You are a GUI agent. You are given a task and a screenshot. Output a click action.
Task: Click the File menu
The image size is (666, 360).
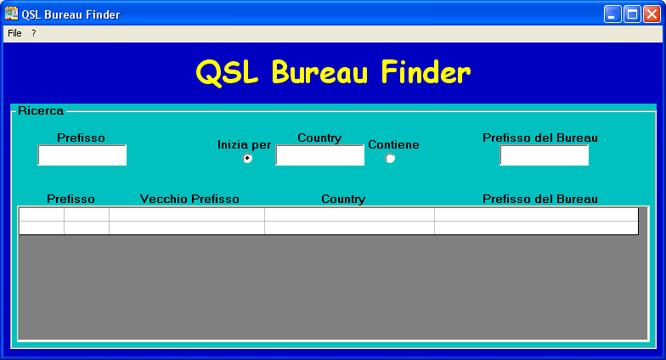(14, 33)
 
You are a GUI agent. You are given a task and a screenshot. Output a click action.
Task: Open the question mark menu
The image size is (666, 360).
(34, 33)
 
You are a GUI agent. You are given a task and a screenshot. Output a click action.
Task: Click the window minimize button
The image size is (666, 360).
(612, 14)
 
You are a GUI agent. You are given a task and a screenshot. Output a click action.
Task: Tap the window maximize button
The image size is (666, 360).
(632, 14)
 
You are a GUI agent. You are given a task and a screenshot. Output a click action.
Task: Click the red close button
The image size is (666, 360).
(652, 14)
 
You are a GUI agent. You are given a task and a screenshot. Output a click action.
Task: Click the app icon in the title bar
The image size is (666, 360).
(12, 14)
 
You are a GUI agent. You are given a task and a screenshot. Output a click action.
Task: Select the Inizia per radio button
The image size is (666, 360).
(247, 158)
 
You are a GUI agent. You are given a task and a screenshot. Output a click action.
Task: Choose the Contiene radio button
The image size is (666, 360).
(390, 158)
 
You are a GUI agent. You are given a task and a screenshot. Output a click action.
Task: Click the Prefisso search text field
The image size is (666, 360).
(82, 155)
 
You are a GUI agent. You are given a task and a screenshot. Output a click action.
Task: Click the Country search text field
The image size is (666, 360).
(319, 155)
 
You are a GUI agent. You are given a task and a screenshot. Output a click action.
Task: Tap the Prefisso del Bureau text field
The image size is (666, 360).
(544, 155)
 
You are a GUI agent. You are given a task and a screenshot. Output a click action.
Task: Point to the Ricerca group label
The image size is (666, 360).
(41, 110)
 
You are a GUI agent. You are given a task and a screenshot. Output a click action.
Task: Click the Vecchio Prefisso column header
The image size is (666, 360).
(189, 199)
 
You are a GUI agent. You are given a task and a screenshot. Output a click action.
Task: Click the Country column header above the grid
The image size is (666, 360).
(343, 199)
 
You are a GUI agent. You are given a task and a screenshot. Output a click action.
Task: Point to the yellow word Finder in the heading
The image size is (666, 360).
(426, 72)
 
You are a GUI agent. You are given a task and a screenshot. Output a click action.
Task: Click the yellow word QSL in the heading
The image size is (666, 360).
(227, 73)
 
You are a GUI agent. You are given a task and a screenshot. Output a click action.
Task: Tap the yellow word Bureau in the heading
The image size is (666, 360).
(319, 72)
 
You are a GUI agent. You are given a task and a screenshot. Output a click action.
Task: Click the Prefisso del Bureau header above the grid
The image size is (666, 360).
(540, 199)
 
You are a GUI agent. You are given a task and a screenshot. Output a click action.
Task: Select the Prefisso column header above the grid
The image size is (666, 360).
(71, 199)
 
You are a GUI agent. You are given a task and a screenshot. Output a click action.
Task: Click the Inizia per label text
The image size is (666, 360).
(245, 144)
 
